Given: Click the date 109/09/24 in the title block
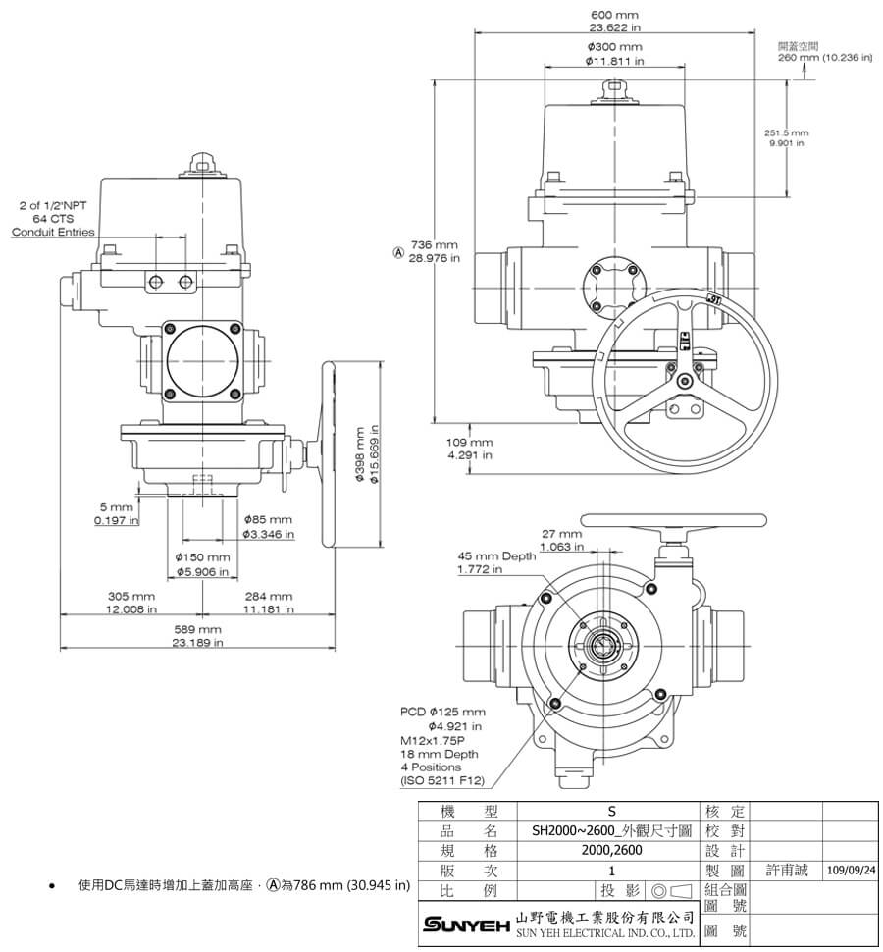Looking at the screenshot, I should (850, 870).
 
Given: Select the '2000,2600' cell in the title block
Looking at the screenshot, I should (609, 850).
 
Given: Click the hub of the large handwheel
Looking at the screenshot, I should (684, 380).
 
